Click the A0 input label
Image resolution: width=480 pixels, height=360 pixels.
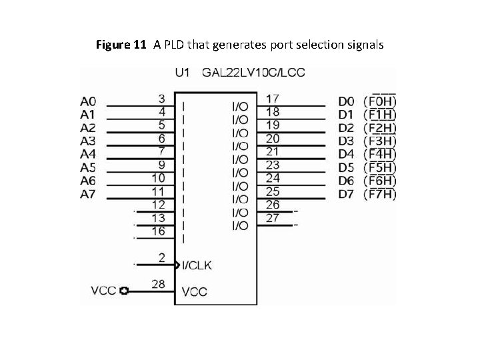coord(88,101)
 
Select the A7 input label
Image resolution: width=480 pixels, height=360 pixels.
coord(88,195)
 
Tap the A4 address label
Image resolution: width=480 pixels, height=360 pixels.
coord(88,155)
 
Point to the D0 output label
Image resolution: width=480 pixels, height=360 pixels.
coord(346,101)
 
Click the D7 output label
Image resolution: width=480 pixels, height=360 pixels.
coord(346,195)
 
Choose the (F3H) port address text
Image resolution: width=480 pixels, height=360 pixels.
coord(380,141)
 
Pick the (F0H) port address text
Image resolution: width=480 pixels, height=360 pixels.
coord(380,101)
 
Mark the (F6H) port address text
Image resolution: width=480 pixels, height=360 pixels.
coord(380,181)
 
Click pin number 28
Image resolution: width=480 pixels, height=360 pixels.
coord(158,284)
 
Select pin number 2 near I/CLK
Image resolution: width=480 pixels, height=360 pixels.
coord(162,257)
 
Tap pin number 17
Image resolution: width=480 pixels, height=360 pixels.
coord(273,99)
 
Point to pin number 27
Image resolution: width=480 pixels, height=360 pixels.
coord(273,218)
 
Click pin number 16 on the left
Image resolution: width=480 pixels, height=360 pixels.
coord(158,231)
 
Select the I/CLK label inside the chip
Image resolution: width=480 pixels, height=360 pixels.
coord(197,265)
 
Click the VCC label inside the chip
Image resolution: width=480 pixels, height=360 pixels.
coord(195,291)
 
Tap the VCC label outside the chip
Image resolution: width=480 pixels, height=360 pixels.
coord(103,291)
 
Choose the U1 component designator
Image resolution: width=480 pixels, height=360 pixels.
coord(183,72)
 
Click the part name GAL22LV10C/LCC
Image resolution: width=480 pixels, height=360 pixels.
coord(253,72)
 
